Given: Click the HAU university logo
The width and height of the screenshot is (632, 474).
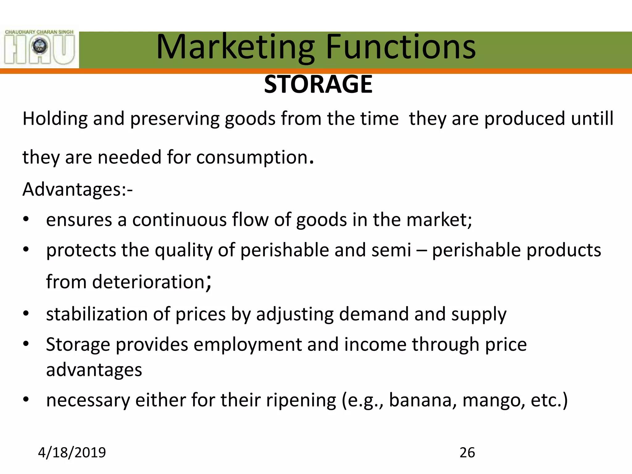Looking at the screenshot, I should [39, 47].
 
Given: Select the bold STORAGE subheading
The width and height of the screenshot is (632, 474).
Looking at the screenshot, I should [318, 84].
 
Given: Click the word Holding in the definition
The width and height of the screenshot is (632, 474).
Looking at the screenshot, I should [55, 119].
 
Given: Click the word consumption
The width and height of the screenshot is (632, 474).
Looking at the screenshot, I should [252, 157].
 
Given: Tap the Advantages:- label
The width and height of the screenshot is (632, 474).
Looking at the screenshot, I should [77, 189].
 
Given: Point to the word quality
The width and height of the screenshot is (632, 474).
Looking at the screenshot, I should [184, 250].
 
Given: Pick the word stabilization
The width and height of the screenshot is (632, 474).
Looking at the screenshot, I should [97, 314].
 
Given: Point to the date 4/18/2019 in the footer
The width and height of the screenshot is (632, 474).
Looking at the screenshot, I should [72, 453].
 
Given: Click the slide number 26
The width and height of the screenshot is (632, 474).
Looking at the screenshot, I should [467, 453].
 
